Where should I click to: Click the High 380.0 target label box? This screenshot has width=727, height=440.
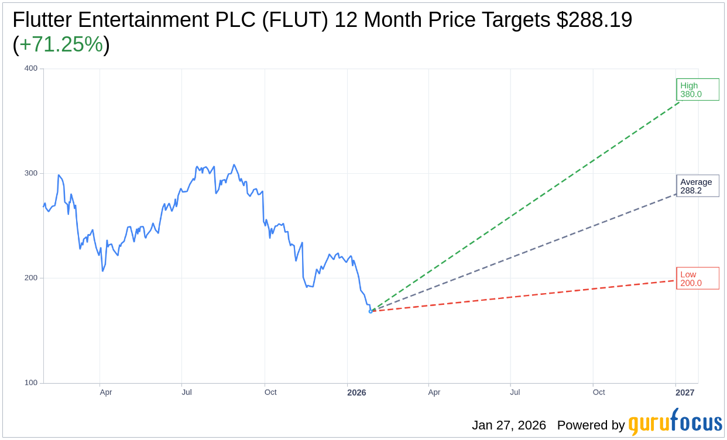(697, 90)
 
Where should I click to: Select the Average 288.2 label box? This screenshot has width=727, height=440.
(697, 185)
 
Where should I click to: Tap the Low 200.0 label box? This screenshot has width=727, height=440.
(697, 279)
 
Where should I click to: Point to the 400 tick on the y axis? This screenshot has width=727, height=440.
(30, 68)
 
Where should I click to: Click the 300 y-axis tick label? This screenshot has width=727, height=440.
(30, 173)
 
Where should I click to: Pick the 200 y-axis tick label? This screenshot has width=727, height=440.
(30, 278)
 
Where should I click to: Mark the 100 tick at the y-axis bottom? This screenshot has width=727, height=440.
(30, 383)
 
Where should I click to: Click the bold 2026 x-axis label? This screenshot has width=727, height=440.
(356, 393)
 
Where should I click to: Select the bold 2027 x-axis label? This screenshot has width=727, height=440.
(685, 393)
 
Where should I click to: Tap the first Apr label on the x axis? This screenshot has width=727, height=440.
(105, 393)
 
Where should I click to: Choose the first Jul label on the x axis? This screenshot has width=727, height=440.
(187, 393)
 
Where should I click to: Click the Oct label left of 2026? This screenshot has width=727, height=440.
(270, 393)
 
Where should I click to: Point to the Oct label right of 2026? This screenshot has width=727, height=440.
(599, 393)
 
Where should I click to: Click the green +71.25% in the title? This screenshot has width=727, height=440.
(61, 44)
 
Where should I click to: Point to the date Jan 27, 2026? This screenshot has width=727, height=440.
(509, 425)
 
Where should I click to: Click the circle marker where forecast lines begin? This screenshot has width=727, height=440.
(371, 311)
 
